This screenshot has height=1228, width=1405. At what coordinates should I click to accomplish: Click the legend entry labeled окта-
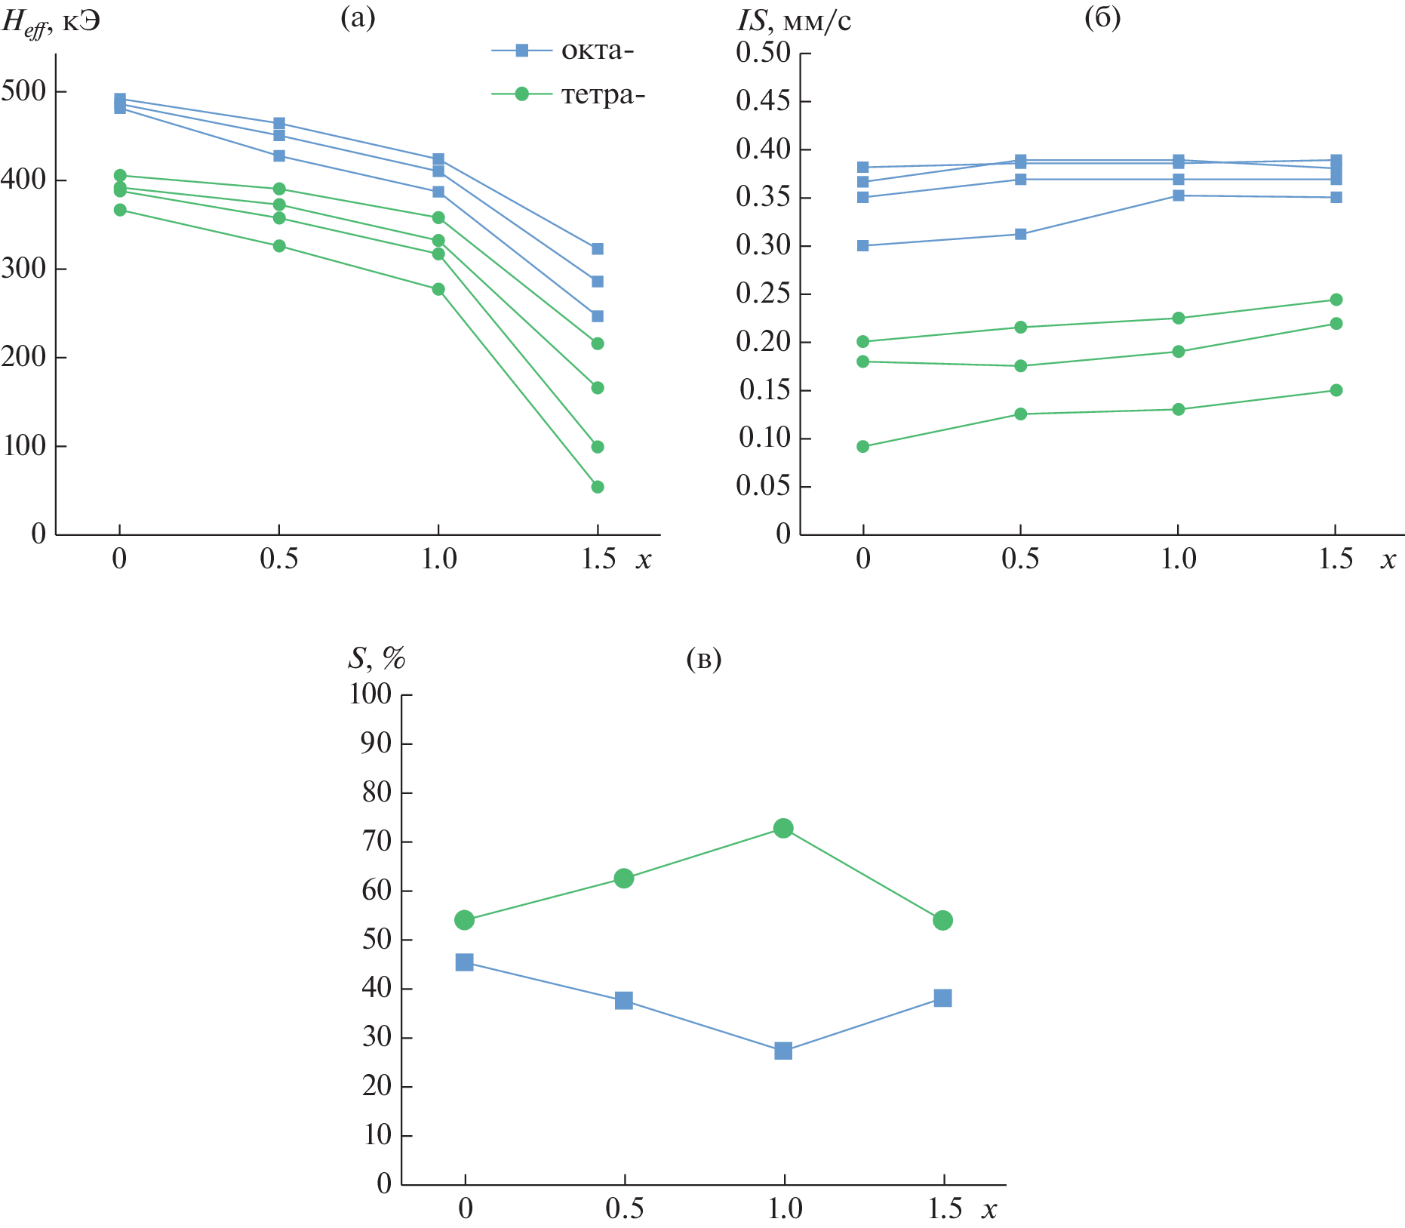tap(563, 51)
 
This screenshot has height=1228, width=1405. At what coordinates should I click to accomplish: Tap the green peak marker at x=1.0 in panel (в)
tap(783, 828)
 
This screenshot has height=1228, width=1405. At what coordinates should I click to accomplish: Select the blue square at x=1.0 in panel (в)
tap(783, 1051)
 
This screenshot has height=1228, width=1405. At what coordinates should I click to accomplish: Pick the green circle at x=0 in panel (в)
tap(465, 920)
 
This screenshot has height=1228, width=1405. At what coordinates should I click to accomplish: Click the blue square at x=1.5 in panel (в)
tap(942, 998)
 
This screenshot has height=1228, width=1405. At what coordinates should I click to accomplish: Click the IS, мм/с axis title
tap(794, 21)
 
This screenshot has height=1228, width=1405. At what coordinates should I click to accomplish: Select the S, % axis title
tap(376, 659)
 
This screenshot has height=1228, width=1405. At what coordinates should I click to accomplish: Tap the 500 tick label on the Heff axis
tap(24, 91)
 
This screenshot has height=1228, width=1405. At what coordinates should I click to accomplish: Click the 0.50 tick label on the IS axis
tap(763, 53)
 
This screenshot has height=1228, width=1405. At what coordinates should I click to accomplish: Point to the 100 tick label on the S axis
tap(370, 694)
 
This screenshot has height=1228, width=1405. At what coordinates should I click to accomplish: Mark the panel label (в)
tap(704, 659)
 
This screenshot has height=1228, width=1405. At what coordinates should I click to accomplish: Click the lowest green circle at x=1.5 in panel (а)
tap(598, 487)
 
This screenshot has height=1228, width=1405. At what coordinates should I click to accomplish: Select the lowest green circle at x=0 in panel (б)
tap(863, 447)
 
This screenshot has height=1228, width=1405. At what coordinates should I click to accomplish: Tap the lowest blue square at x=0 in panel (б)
tap(863, 245)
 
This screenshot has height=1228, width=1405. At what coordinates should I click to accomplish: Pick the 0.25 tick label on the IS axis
tap(763, 294)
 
